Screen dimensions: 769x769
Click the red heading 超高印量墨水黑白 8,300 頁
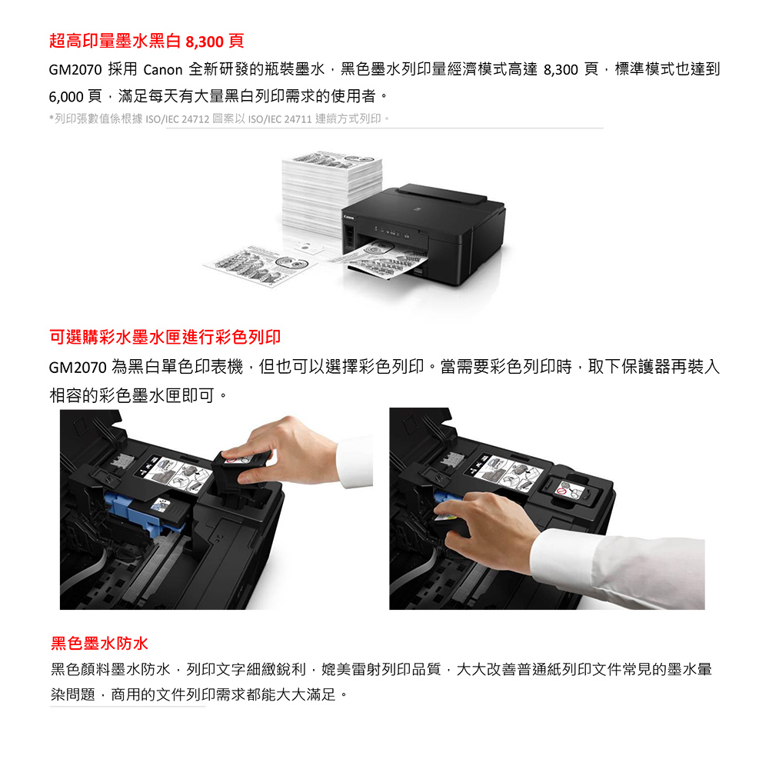point(146,41)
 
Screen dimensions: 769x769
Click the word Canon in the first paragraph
point(162,70)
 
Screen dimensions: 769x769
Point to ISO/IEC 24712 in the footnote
point(177,119)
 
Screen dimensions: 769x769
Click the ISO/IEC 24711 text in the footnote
point(280,119)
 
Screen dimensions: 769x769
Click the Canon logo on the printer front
point(348,218)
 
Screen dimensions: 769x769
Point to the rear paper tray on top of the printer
point(441,195)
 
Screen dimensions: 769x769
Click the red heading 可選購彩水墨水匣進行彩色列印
point(165,337)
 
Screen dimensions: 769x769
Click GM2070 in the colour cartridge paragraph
point(78,368)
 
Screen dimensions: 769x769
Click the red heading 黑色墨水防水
point(99,643)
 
